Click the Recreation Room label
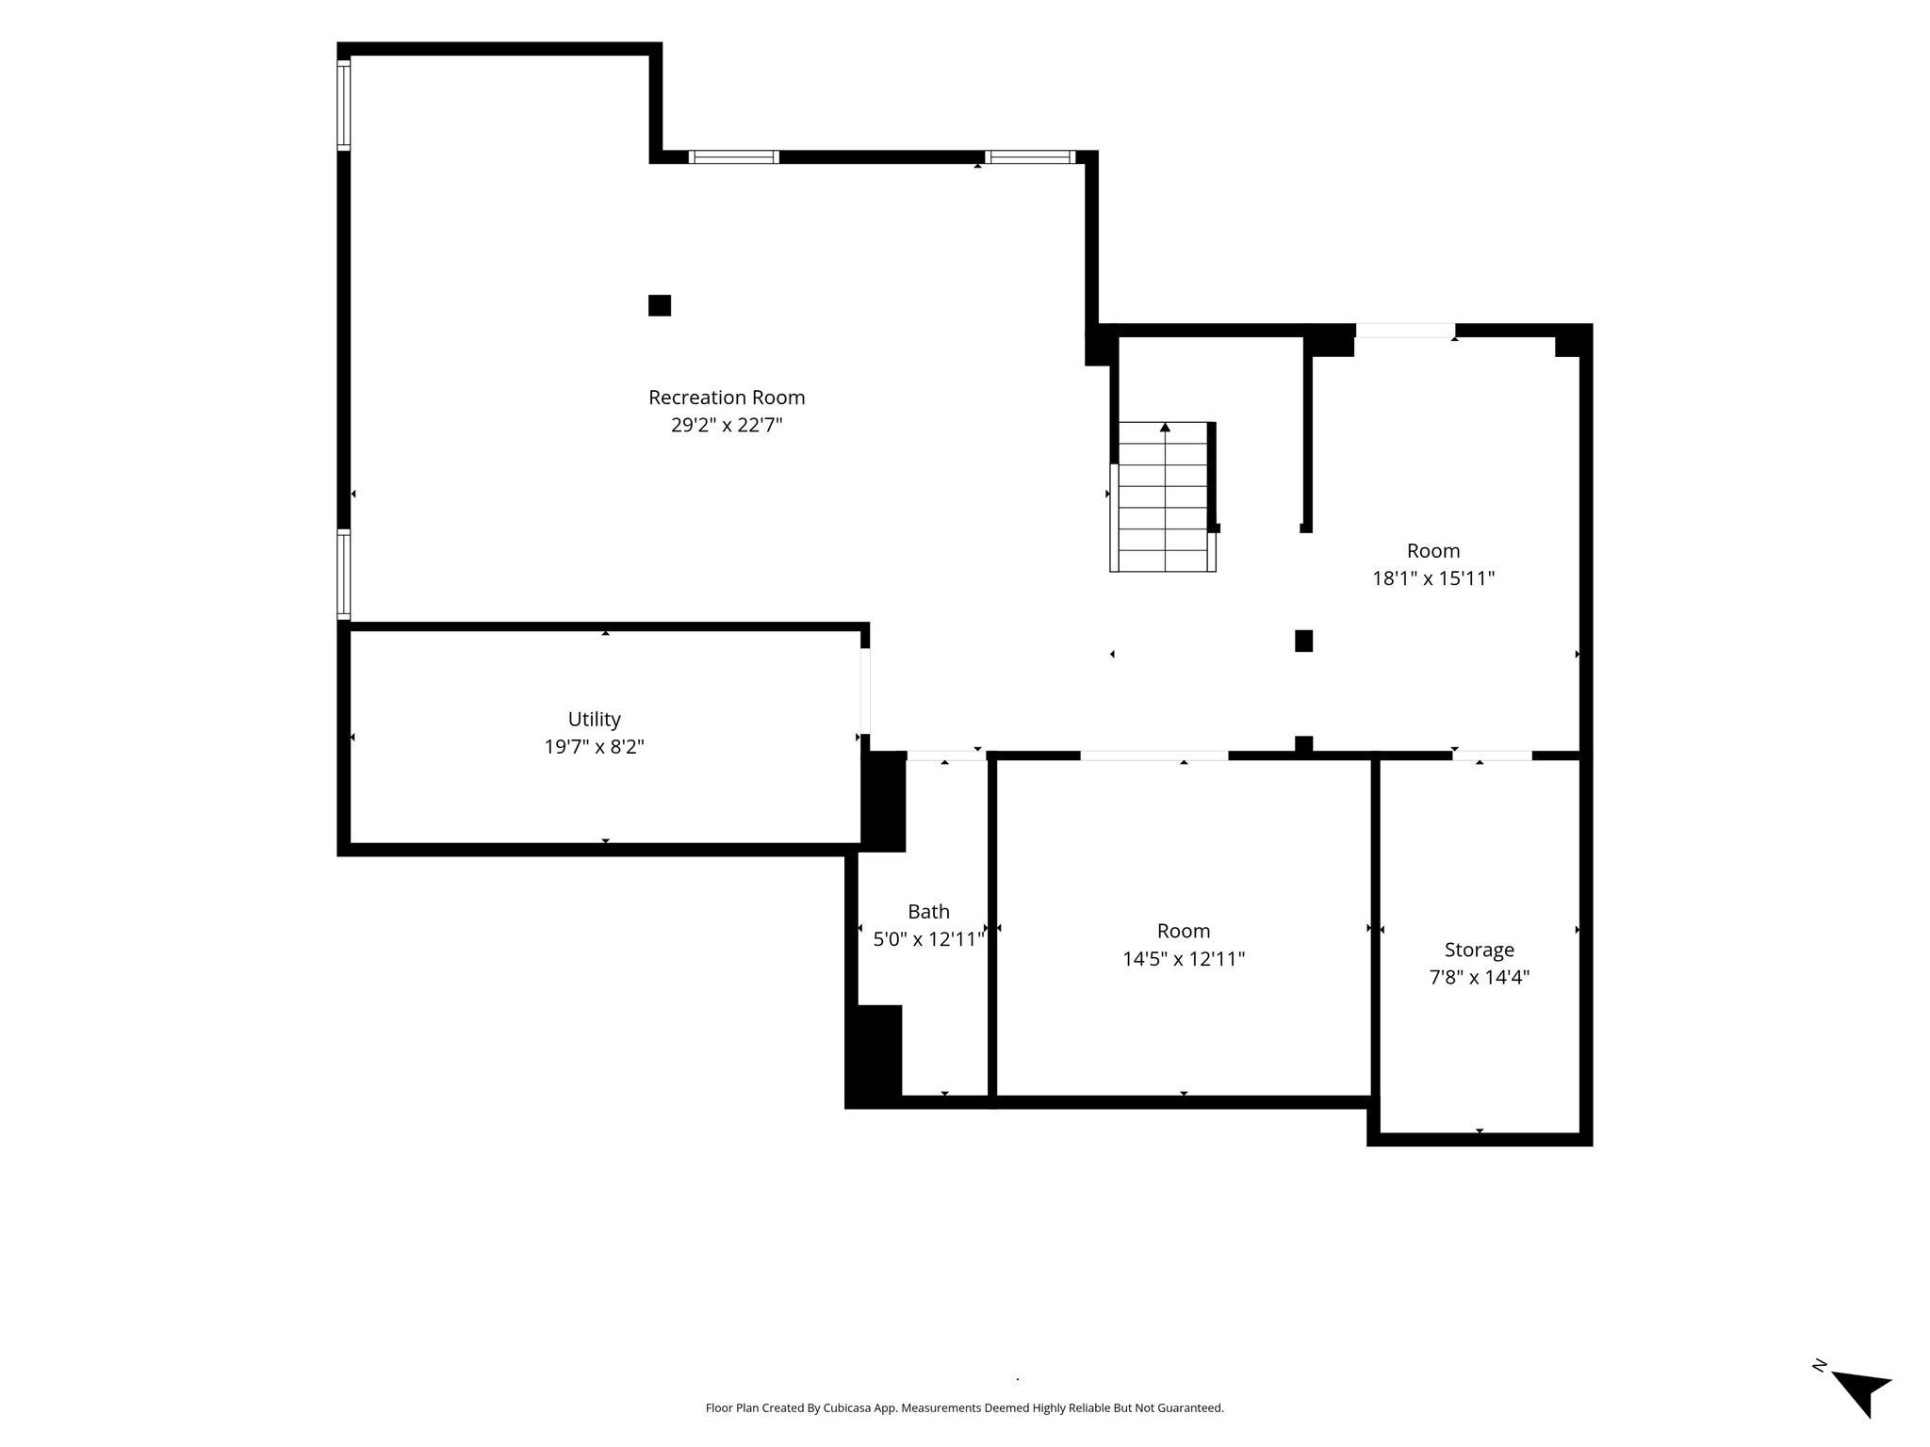pos(727,398)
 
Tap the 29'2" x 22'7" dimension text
pos(727,425)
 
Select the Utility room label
pos(594,720)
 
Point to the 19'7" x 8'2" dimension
pos(594,747)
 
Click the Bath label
pos(928,912)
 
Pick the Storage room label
pos(1479,950)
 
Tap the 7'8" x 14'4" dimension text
pos(1479,978)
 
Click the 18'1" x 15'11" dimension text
pos(1433,578)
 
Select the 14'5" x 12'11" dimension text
pos(1184,959)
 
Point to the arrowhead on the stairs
pos(1166,427)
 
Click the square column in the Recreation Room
pos(660,305)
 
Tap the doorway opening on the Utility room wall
pos(865,691)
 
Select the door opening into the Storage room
pos(1492,756)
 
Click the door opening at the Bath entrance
pos(946,756)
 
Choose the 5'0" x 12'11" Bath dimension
pos(928,939)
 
